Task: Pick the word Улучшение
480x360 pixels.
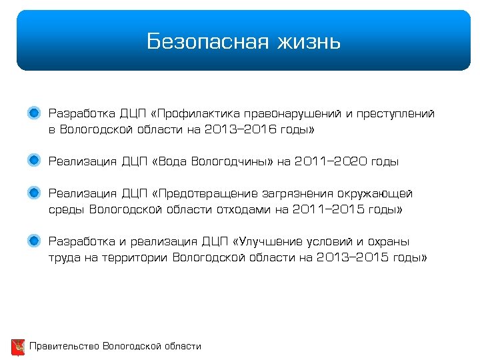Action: point(274,241)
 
